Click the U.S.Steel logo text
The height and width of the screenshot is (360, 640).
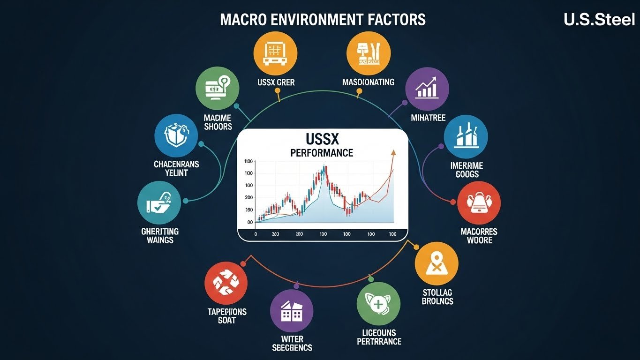point(599,20)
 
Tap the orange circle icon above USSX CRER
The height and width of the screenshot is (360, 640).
point(276,52)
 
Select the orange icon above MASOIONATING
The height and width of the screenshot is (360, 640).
point(368,52)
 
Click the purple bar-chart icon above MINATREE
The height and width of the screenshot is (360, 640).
point(427,89)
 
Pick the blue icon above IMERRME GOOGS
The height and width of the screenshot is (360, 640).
point(466,136)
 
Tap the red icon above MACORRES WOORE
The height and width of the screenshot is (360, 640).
point(479,203)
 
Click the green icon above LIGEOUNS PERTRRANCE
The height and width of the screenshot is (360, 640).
point(378,304)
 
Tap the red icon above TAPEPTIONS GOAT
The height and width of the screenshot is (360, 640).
point(226,284)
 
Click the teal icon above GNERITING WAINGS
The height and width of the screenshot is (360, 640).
point(159,202)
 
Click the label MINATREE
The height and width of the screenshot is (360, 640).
point(428,117)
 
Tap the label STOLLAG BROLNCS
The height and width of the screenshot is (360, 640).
point(437,296)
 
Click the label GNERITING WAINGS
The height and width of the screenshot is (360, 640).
point(160,235)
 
